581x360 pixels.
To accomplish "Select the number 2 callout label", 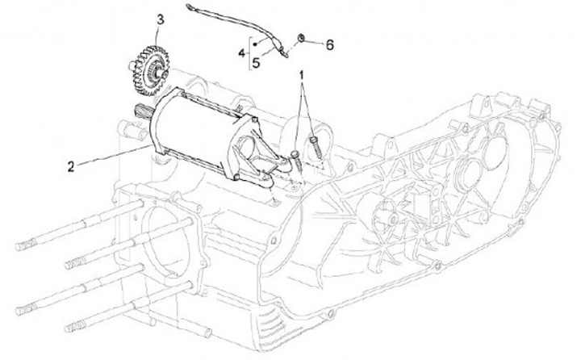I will tap(71, 166).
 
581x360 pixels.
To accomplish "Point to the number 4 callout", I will tap(240, 52).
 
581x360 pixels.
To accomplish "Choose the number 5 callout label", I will tap(255, 61).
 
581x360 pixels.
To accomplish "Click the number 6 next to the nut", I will tap(328, 45).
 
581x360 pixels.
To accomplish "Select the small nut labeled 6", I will tap(300, 38).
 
